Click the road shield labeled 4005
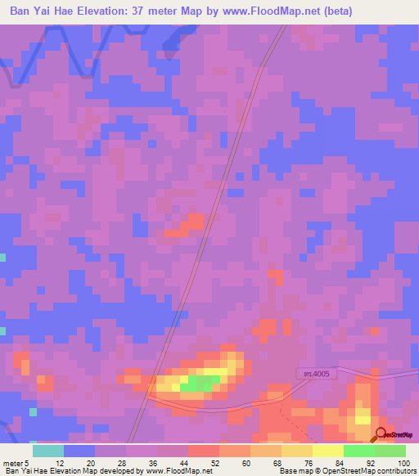[314, 374]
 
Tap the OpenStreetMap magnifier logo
[381, 433]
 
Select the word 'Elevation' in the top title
[113, 11]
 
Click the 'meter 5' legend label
[16, 462]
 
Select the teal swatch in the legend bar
[48, 451]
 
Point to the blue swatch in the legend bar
[79, 451]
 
